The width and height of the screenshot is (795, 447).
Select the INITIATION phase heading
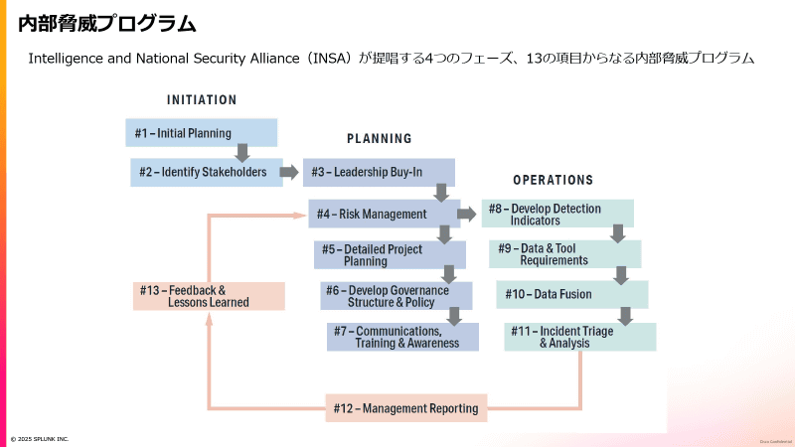tap(202, 100)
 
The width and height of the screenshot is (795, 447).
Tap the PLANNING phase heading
tap(379, 139)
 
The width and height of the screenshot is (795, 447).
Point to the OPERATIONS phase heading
tap(553, 181)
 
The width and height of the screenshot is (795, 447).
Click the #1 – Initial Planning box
tap(202, 133)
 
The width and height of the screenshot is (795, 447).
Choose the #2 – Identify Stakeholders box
tap(206, 172)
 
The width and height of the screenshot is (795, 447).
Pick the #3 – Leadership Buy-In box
tap(379, 172)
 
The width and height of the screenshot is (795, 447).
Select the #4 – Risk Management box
tap(382, 214)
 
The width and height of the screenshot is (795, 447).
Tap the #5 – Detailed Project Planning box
tap(390, 255)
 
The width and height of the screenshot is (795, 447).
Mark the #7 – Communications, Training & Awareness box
tap(402, 337)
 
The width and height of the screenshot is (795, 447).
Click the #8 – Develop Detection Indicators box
tap(557, 214)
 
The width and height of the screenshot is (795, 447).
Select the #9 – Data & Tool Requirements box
tap(564, 254)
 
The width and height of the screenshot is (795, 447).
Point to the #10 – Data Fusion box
tap(571, 295)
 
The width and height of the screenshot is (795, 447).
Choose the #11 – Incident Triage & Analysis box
tap(579, 337)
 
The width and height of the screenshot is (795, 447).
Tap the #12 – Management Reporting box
tap(406, 408)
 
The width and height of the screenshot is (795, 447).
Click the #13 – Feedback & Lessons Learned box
tap(209, 296)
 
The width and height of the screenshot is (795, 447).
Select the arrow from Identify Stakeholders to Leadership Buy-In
tap(289, 172)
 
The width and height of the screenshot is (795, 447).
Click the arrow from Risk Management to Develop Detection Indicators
tap(466, 214)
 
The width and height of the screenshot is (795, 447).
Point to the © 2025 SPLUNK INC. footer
tap(40, 439)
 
